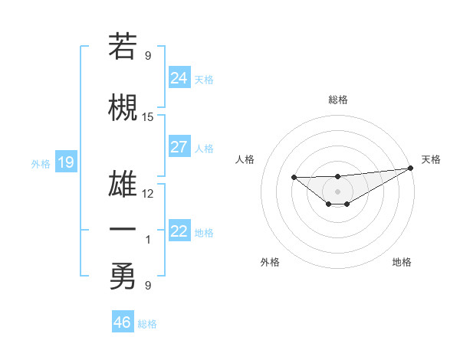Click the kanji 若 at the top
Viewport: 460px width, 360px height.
pyautogui.click(x=123, y=47)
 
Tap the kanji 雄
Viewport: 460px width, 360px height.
pyautogui.click(x=123, y=184)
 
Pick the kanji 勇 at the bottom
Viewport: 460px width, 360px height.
pyautogui.click(x=123, y=277)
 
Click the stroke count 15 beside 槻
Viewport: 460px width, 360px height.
pyautogui.click(x=148, y=117)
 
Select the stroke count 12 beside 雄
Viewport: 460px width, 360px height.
pyautogui.click(x=148, y=193)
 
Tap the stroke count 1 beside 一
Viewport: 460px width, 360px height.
pyautogui.click(x=148, y=240)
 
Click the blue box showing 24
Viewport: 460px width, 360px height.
pyautogui.click(x=179, y=78)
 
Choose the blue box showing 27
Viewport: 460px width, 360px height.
pyautogui.click(x=179, y=147)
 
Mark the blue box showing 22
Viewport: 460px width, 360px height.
pyautogui.click(x=179, y=231)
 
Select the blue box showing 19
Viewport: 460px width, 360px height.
pyautogui.click(x=65, y=162)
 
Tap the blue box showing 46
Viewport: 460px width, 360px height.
pyautogui.click(x=123, y=322)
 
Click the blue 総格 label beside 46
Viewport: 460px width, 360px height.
pyautogui.click(x=147, y=324)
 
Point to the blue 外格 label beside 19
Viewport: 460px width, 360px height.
pyautogui.click(x=41, y=164)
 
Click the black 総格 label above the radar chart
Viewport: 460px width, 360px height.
pyautogui.click(x=337, y=100)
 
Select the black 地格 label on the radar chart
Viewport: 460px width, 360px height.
pyautogui.click(x=402, y=262)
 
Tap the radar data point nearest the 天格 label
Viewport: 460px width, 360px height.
pyautogui.click(x=410, y=169)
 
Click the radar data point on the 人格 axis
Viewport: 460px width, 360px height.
pyautogui.click(x=294, y=178)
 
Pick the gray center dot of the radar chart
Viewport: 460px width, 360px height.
pyautogui.click(x=337, y=191)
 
